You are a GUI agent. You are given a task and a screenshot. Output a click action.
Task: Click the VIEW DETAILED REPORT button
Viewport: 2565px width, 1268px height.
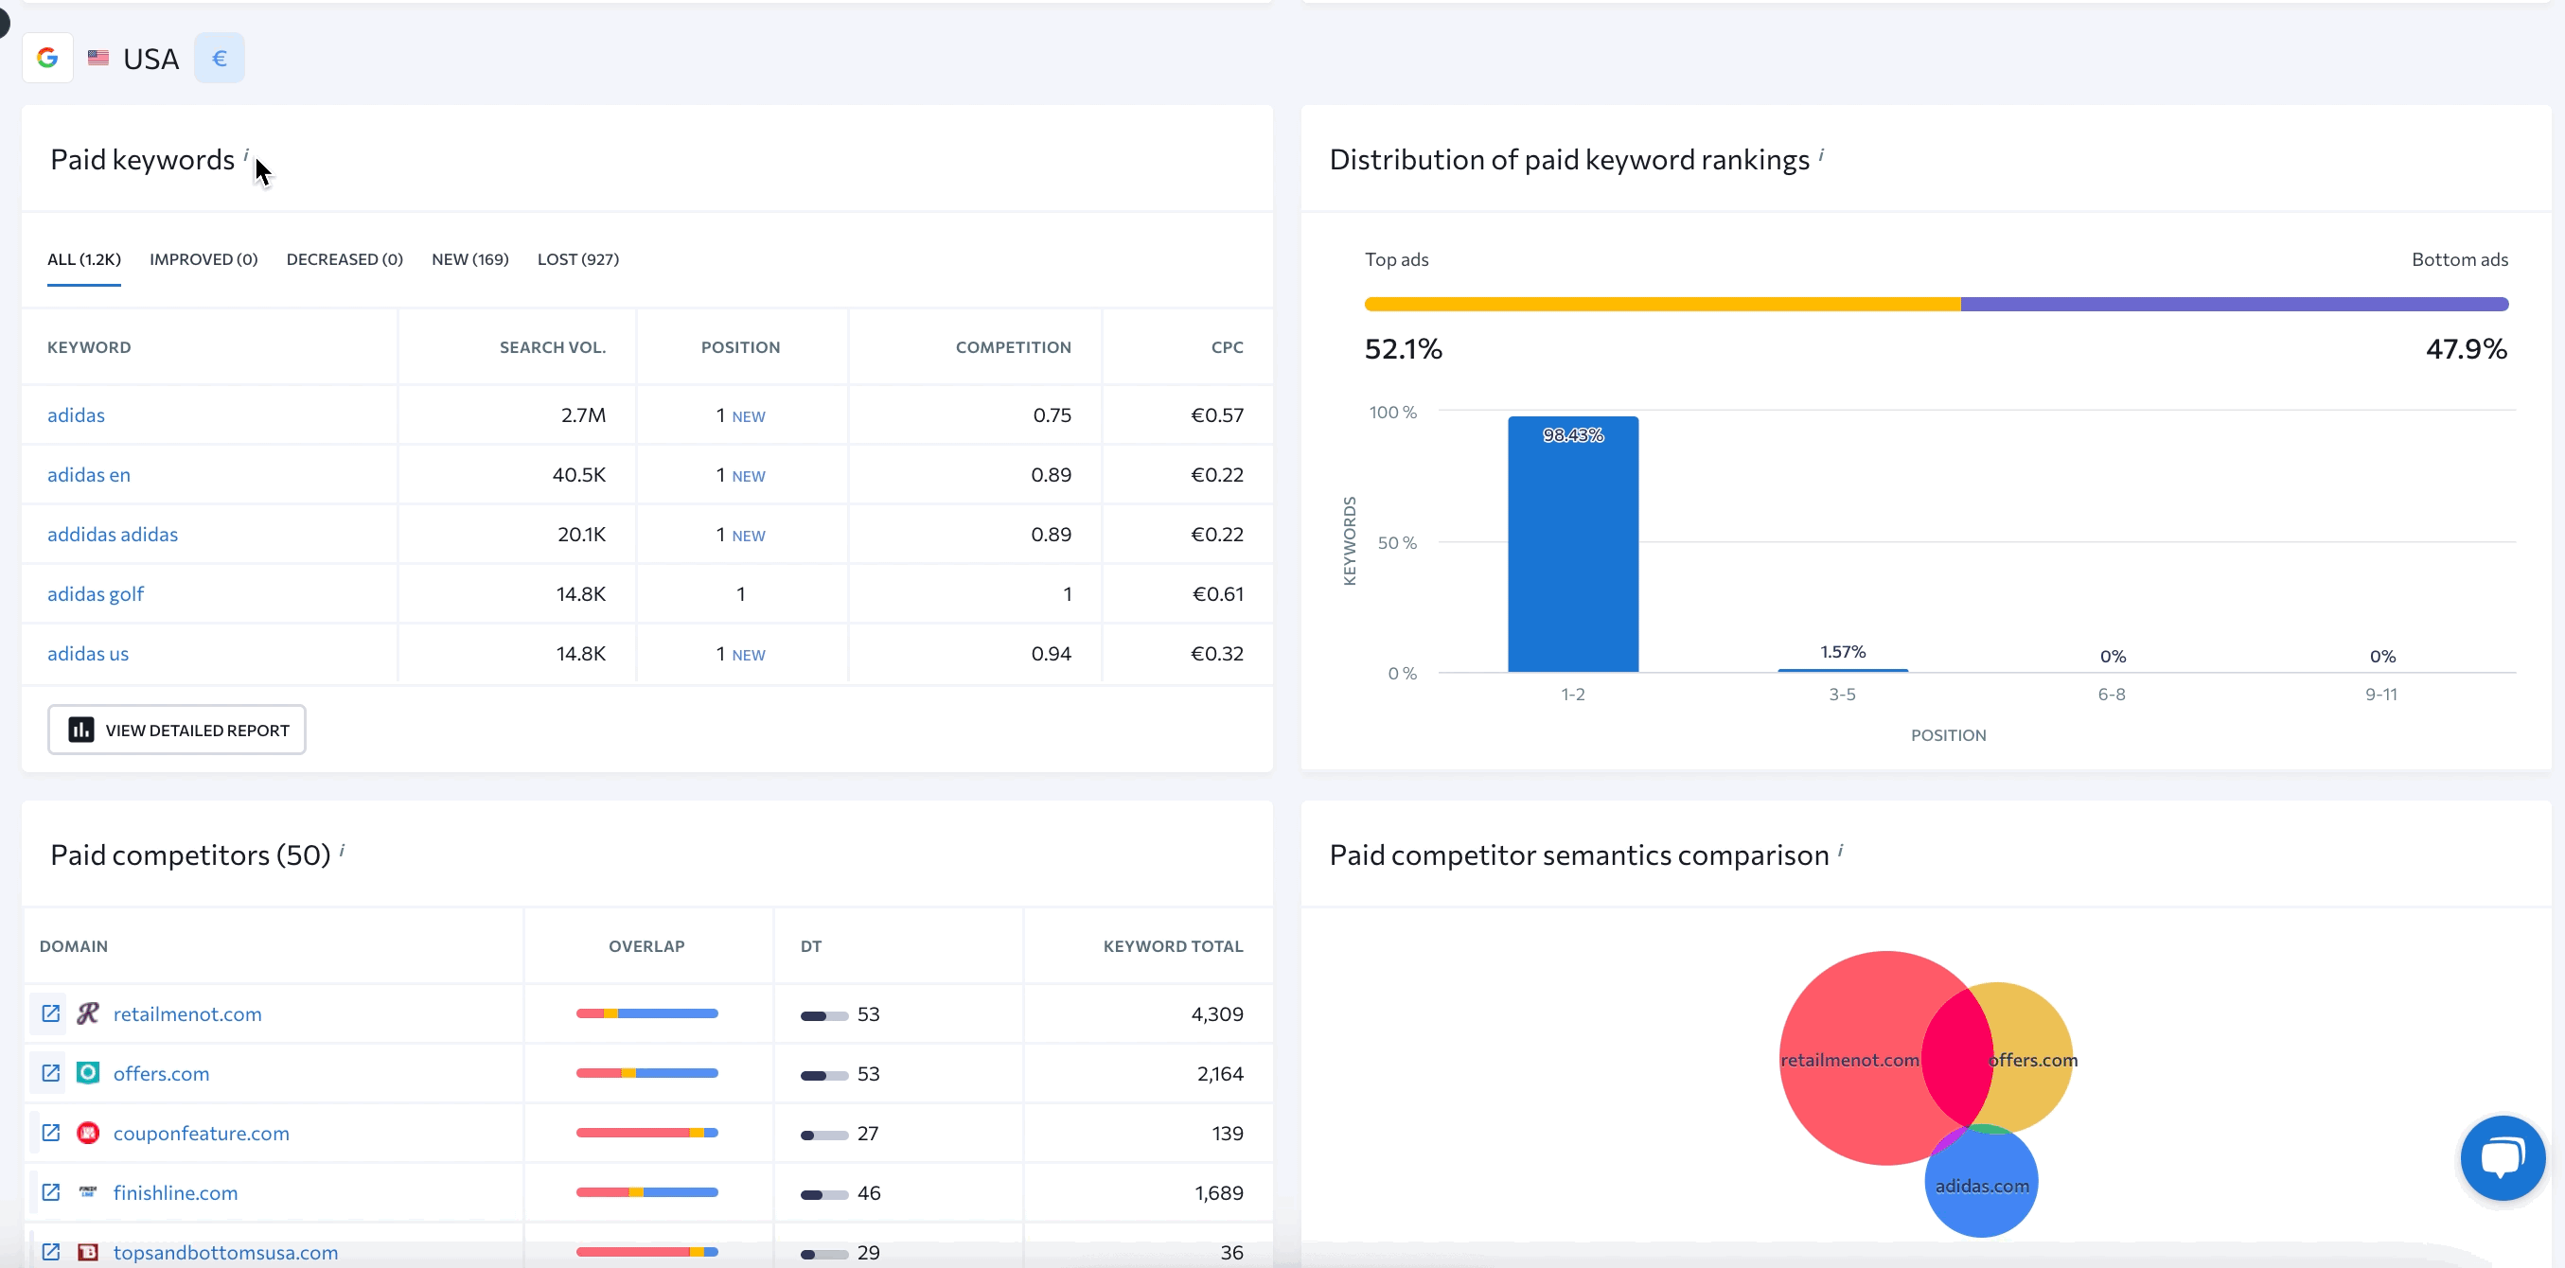tap(176, 730)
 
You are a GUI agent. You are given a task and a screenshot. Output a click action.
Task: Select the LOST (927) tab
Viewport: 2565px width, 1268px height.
tap(577, 258)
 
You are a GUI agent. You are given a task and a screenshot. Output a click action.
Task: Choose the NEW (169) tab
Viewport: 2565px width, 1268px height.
tap(470, 258)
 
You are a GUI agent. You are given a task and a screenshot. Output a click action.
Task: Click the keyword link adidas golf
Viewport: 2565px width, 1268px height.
tap(96, 594)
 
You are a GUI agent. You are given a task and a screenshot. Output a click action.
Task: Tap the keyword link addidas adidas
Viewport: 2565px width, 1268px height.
tap(113, 535)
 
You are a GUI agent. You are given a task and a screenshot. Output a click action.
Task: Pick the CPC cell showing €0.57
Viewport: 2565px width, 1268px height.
tap(1217, 415)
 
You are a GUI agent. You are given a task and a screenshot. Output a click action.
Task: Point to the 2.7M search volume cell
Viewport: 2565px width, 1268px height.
tap(582, 415)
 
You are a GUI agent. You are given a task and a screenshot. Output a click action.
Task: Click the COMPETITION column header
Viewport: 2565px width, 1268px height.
tap(1013, 347)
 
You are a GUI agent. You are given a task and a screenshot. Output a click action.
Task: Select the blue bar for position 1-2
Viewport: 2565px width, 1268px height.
tap(1572, 547)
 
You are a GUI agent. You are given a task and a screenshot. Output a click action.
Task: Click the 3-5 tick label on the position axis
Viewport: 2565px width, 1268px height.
tap(1841, 695)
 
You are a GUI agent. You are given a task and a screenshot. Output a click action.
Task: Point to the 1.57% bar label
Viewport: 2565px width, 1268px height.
tap(1842, 652)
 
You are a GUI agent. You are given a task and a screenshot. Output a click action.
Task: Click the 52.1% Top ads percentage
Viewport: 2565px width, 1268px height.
tap(1402, 349)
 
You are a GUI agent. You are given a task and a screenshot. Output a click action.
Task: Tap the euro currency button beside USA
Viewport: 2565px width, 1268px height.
tap(219, 59)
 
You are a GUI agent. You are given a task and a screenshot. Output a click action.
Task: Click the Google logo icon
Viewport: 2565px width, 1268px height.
tap(46, 59)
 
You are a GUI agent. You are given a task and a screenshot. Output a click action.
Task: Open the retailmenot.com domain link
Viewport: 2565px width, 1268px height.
tap(187, 1014)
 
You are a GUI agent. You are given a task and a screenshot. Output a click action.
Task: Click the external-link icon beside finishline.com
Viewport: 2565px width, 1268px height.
tap(51, 1192)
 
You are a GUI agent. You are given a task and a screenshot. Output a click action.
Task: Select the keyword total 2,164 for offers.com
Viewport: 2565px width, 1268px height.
tap(1220, 1074)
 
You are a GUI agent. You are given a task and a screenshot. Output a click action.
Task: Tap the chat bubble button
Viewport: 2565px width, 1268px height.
tap(2502, 1157)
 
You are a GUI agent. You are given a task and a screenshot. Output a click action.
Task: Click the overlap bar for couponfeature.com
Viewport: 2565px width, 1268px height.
tap(646, 1133)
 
